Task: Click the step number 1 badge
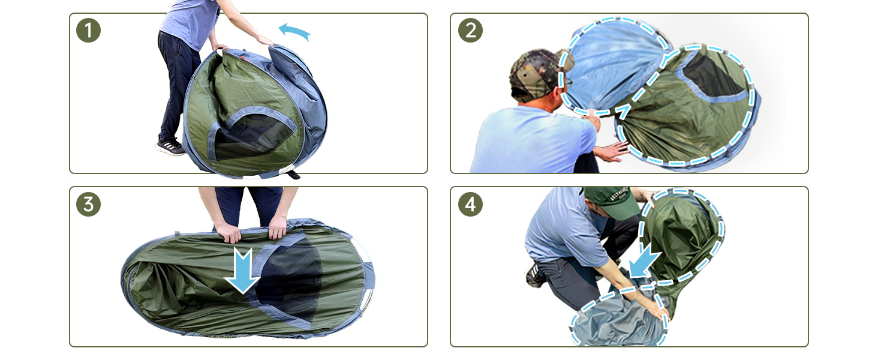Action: (88, 30)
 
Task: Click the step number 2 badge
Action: (470, 30)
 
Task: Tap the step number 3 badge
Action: (88, 205)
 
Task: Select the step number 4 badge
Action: (470, 205)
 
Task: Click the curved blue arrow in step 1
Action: (294, 30)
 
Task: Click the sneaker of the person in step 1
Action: (170, 147)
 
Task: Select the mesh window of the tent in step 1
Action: (251, 138)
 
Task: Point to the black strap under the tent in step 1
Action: (293, 174)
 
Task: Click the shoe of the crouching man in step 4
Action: (534, 275)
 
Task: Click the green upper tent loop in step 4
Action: (682, 235)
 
